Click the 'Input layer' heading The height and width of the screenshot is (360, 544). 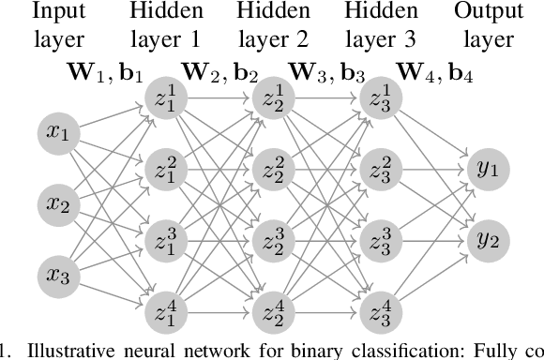point(58,26)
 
